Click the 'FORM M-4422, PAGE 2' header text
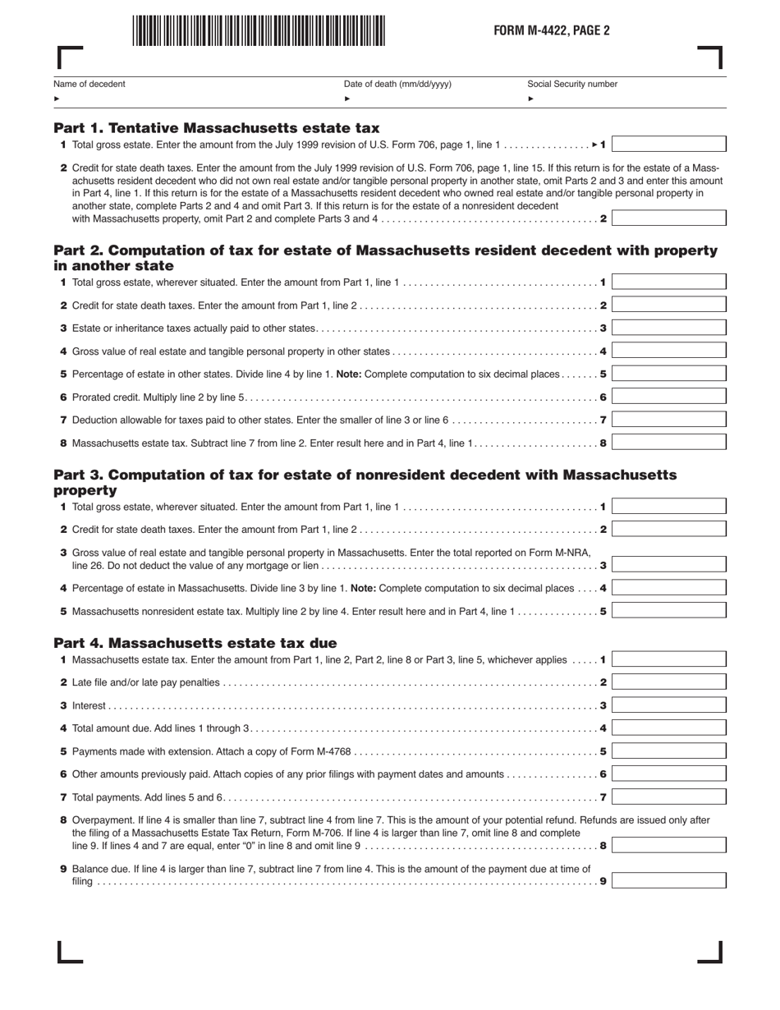point(551,31)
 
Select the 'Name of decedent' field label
point(89,84)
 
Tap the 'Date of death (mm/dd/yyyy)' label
point(397,84)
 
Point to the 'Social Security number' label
point(572,84)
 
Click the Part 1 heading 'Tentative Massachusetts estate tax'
point(217,128)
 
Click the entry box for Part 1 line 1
point(668,145)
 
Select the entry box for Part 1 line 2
point(668,218)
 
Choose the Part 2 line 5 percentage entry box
point(668,374)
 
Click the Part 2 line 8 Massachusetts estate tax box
point(668,443)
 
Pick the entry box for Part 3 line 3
point(668,565)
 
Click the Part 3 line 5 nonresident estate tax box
point(668,611)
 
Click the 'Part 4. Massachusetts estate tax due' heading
point(195,643)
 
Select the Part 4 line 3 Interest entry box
point(668,705)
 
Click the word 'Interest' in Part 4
point(89,705)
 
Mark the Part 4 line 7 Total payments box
point(668,797)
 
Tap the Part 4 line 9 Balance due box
point(668,881)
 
